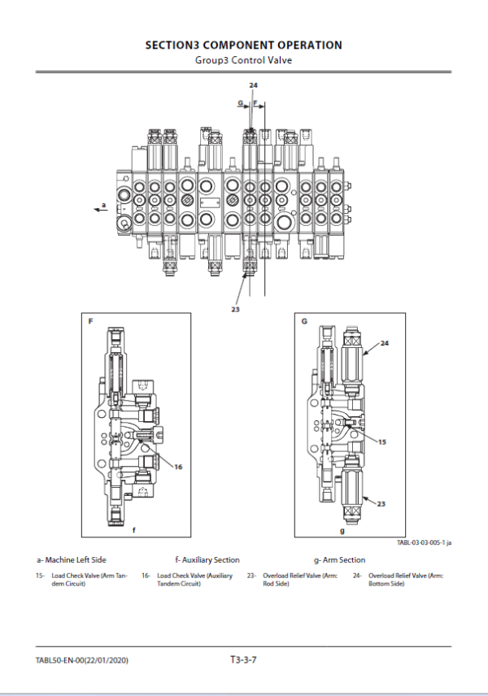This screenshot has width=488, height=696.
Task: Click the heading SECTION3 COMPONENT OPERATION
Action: click(243, 46)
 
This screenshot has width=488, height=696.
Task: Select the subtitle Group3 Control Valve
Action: click(243, 60)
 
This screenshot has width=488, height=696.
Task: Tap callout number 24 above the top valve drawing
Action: click(253, 85)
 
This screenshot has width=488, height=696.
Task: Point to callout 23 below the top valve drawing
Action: click(237, 309)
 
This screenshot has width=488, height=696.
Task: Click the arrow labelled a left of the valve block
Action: click(101, 207)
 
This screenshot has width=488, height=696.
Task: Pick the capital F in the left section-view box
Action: click(90, 322)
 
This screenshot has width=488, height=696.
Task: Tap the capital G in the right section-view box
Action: click(303, 322)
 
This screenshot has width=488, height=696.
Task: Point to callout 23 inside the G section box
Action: click(381, 504)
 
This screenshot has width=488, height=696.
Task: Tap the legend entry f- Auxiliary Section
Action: click(207, 559)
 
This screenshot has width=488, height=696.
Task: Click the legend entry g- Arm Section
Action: click(339, 559)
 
